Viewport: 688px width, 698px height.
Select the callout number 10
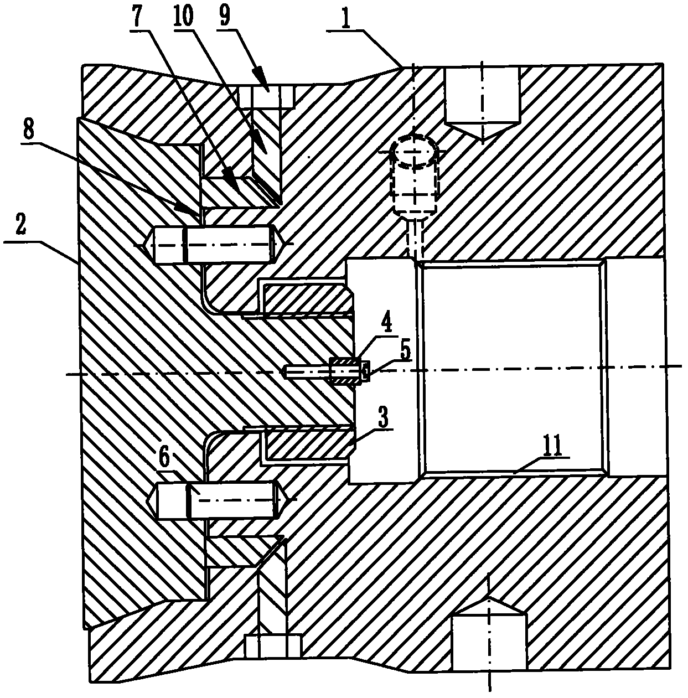pos(183,16)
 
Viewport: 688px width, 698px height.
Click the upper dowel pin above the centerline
pos(214,245)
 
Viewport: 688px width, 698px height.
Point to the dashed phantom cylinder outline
pos(414,174)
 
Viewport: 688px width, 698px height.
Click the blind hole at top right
pos(482,101)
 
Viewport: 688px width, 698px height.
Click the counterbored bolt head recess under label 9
pos(267,96)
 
